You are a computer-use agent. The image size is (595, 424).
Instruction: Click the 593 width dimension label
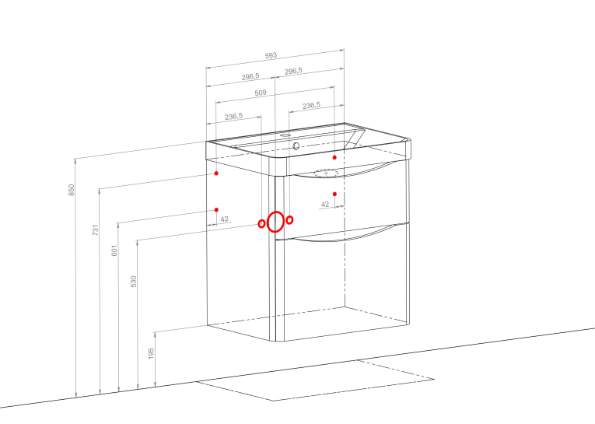click(271, 55)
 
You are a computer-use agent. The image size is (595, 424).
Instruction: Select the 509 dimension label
click(261, 93)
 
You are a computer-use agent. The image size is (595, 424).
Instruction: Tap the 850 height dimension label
click(71, 190)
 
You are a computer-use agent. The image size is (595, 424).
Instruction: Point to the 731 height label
click(95, 230)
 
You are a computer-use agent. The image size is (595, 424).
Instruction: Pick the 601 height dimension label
click(114, 251)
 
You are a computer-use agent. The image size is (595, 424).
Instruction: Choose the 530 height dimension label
click(133, 282)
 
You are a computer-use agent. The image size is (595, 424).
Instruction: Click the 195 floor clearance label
click(151, 353)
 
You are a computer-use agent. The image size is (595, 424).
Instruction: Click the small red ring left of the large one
click(261, 224)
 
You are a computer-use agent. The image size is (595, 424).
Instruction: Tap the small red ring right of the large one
click(289, 220)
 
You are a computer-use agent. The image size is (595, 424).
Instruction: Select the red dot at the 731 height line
click(216, 173)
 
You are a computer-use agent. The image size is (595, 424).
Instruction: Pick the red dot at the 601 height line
click(216, 209)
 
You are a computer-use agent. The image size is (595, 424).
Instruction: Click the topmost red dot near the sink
click(334, 157)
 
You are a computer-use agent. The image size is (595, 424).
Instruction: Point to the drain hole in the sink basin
click(296, 145)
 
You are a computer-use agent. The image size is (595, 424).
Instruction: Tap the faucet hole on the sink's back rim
click(285, 135)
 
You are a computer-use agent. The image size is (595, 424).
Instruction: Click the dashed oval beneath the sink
click(326, 173)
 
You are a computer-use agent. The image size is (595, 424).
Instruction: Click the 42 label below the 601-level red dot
click(224, 219)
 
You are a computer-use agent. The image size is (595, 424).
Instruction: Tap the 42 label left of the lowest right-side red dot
click(325, 205)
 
